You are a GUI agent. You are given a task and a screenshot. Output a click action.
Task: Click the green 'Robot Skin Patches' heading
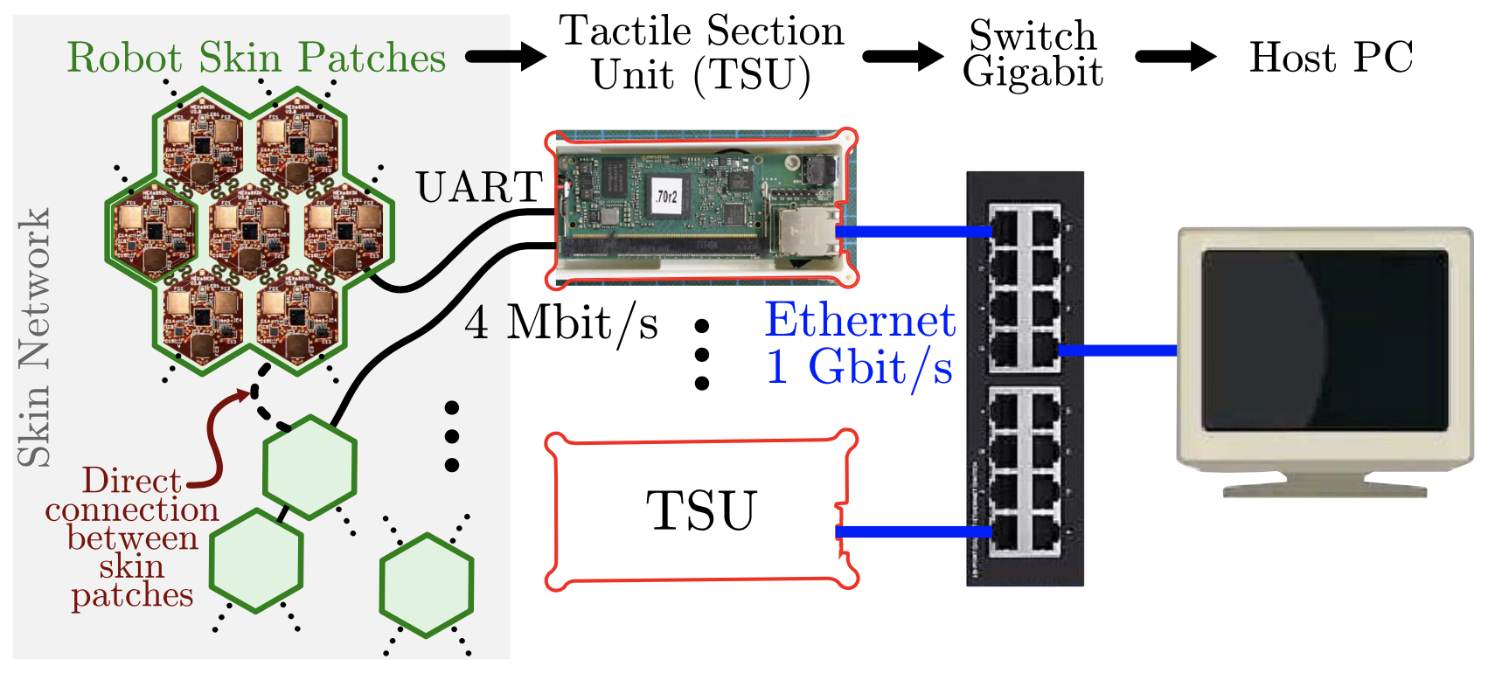(x=256, y=59)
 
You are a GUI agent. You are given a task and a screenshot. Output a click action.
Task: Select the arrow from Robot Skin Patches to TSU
(x=504, y=57)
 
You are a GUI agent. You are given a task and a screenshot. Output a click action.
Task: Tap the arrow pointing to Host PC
(x=1174, y=57)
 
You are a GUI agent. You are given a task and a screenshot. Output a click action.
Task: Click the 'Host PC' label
(x=1331, y=59)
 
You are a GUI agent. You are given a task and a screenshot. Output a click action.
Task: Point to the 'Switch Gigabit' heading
(x=1033, y=54)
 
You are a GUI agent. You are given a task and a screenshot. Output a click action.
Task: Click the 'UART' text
(x=479, y=187)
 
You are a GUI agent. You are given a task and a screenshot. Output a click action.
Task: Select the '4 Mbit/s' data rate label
(x=561, y=323)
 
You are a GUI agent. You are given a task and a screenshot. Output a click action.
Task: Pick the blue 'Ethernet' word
(x=860, y=320)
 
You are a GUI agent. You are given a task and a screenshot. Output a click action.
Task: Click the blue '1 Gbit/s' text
(x=859, y=367)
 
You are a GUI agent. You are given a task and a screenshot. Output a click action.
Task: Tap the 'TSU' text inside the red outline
(x=700, y=510)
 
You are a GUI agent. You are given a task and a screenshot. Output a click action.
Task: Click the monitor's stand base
(x=1324, y=489)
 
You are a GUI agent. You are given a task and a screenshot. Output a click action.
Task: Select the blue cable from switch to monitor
(x=1117, y=350)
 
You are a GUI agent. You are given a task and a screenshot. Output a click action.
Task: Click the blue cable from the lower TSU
(x=914, y=531)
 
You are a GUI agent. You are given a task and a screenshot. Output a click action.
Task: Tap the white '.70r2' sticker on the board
(x=666, y=197)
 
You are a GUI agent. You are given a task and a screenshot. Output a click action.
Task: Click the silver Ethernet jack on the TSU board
(x=801, y=232)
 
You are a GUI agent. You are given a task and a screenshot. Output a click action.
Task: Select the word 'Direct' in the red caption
(x=131, y=481)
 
